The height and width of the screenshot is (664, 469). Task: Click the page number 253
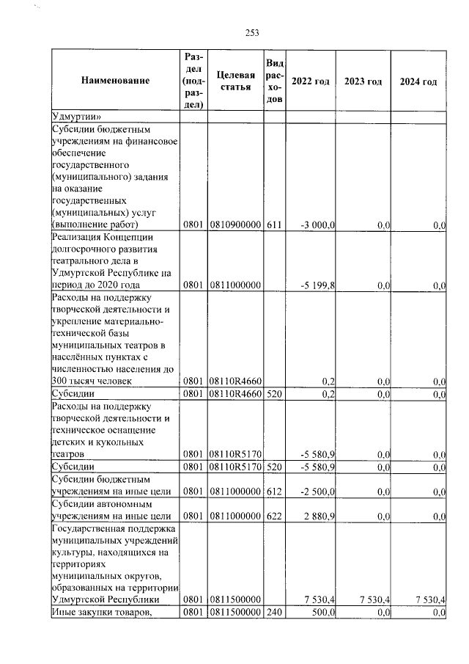(x=252, y=32)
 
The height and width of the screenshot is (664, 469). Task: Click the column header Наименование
(x=115, y=81)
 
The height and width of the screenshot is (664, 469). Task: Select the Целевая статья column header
(x=235, y=81)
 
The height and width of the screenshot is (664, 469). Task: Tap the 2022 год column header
(x=310, y=81)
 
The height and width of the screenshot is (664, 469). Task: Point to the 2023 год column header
(x=363, y=81)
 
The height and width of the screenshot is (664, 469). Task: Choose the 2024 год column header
(x=418, y=81)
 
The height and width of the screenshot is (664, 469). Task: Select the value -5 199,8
(x=318, y=285)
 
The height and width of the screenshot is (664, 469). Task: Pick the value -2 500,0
(x=318, y=491)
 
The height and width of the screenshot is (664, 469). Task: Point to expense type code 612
(x=274, y=491)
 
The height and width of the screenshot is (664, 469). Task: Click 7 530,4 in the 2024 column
(x=429, y=599)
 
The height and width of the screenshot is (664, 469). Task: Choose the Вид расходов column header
(x=274, y=81)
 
